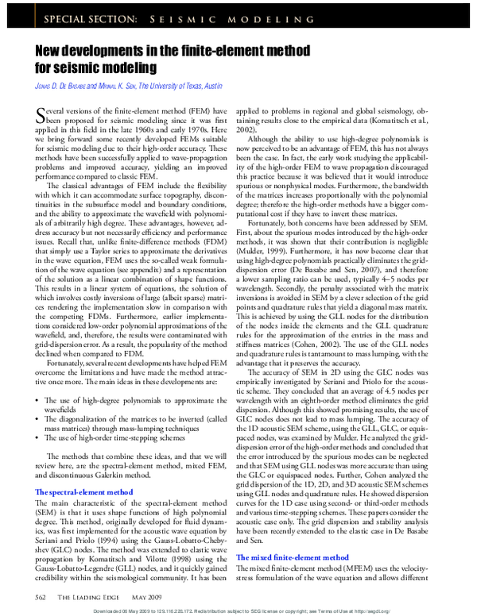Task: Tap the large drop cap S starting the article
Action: pyautogui.click(x=43, y=117)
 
